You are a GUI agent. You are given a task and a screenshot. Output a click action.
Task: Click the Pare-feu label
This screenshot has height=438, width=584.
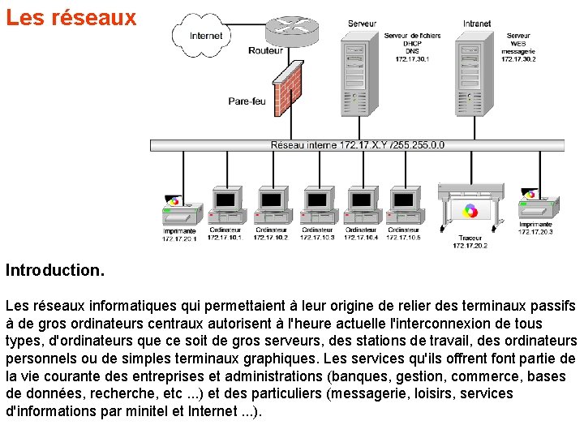click(247, 101)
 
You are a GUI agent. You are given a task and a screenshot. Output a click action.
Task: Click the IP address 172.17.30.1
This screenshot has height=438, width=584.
click(412, 59)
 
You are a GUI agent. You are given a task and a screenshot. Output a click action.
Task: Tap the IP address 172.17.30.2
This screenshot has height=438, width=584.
click(518, 59)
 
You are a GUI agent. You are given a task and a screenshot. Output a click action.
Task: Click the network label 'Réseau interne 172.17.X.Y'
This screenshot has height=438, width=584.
click(357, 145)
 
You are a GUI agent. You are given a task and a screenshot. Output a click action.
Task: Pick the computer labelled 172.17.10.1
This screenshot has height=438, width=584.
click(225, 206)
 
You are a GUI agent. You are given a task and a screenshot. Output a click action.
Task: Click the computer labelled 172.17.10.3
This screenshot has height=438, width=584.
click(317, 206)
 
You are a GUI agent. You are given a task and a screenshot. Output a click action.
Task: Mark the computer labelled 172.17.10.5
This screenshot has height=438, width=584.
click(404, 206)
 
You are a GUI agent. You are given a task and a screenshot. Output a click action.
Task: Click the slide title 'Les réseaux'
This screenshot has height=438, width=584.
click(71, 18)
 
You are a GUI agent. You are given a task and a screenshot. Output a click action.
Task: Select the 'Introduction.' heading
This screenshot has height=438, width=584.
click(55, 268)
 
